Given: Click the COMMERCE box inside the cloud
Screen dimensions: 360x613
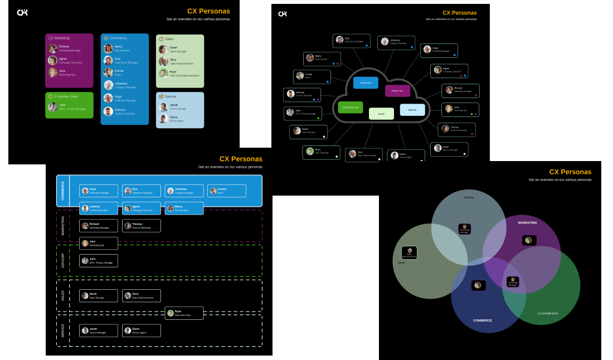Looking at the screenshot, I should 366,83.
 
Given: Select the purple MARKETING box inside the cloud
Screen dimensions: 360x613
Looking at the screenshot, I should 397,91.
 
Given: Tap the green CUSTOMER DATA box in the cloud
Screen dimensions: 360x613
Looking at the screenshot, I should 351,107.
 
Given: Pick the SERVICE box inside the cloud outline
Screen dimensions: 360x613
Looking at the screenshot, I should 412,110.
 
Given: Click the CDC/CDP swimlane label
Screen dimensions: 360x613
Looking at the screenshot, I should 63,261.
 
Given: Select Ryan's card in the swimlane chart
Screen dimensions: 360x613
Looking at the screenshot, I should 184,313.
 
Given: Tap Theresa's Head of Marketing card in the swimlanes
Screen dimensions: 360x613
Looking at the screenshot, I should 142,226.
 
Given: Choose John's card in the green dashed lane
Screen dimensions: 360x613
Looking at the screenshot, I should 99,260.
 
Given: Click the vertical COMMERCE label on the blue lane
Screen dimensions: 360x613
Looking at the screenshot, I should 63,191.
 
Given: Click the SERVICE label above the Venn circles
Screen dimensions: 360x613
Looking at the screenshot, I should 469,197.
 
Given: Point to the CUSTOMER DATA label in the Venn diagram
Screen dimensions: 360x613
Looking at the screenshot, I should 547,314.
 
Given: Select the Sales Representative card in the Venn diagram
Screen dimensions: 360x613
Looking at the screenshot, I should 410,253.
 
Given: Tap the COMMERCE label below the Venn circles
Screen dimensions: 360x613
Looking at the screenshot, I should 483,320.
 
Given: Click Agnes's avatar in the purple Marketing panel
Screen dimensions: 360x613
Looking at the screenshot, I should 52,60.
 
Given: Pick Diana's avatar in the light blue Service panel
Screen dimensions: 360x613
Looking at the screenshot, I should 163,119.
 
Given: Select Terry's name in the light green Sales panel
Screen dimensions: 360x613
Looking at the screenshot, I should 173,60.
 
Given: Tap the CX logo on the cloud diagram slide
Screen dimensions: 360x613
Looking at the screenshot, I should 283,14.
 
